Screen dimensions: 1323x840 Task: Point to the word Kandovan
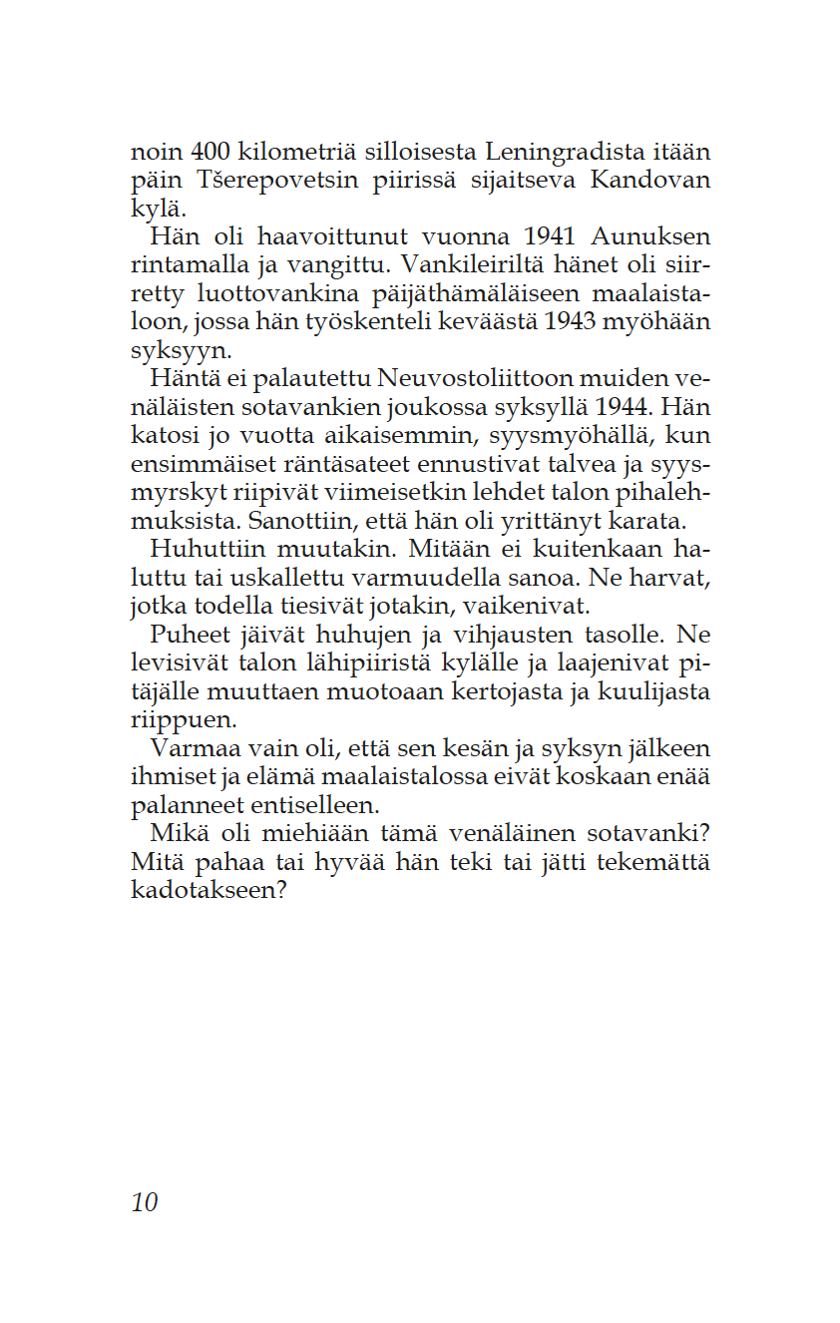coord(650,182)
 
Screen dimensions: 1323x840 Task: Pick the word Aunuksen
coord(650,238)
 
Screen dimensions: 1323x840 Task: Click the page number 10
coord(145,1203)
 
